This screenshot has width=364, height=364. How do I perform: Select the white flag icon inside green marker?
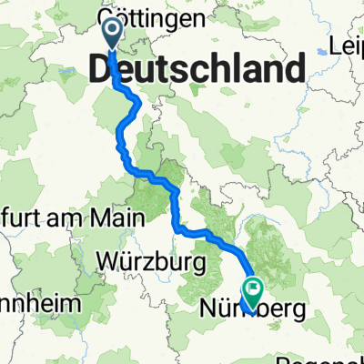251,288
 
